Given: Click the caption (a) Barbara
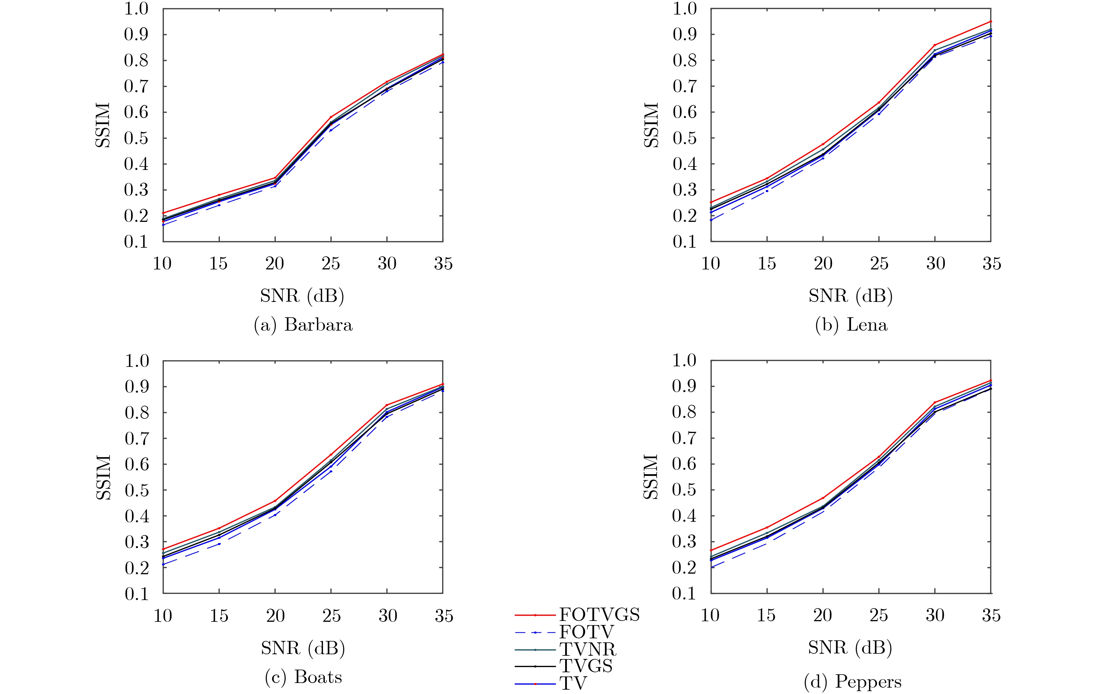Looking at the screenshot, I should coord(303,325).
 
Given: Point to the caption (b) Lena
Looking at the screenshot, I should coord(851,325).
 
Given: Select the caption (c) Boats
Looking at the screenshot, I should coord(303,677).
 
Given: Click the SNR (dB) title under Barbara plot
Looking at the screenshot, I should coord(302,296).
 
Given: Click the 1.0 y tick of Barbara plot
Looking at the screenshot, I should coord(137,9).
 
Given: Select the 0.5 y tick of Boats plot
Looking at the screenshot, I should coord(137,490).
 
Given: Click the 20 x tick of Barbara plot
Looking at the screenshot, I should coord(275,264).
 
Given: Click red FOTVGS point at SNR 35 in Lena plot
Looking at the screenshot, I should coord(991,21).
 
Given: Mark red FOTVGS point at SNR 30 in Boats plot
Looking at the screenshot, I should coord(387,405).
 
